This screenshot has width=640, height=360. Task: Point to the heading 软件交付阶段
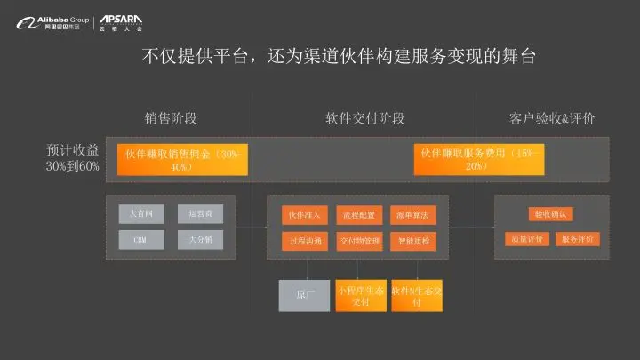point(364,119)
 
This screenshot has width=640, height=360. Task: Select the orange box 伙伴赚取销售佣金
point(182,160)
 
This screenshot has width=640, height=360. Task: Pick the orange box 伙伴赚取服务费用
point(476,160)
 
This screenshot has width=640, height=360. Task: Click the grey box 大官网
point(141,214)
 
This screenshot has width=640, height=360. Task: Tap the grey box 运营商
point(200,214)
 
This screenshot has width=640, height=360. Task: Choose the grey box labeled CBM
point(141,239)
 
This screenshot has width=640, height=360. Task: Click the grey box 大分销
point(200,239)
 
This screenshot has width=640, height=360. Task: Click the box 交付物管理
point(359,240)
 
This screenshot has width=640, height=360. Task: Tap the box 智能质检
point(412,240)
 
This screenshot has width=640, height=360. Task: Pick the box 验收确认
point(551,214)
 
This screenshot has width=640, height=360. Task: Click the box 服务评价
point(578,239)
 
